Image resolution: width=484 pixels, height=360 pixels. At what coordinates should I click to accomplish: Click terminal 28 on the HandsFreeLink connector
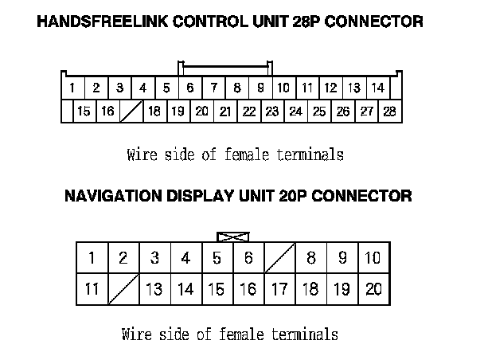coord(389,112)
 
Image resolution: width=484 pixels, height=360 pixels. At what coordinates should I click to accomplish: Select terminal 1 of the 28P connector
coord(72,88)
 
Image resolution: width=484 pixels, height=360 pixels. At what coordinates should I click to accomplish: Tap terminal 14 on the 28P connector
coord(377,88)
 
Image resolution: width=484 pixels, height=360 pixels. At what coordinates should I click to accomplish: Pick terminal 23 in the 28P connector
coord(272,112)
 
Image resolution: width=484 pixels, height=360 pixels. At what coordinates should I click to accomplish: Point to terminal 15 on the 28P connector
coord(83,112)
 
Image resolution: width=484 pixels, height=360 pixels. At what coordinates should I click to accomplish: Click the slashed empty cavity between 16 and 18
coord(131,112)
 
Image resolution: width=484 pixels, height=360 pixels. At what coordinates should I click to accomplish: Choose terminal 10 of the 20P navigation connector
coord(373,257)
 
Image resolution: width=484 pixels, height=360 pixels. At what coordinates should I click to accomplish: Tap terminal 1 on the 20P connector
coord(92,257)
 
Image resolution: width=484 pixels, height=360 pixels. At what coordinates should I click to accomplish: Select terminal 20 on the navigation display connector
coord(373,289)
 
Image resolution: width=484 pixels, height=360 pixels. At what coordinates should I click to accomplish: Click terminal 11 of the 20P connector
coord(92,289)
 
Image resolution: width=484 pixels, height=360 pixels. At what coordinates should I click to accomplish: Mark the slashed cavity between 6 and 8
coord(279,257)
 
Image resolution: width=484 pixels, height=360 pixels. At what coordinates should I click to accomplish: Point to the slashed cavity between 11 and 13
coord(123,289)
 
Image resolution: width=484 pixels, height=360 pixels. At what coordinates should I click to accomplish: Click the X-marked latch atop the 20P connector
coord(232,237)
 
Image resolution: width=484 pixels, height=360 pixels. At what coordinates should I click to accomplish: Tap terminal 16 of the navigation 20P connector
coord(248,289)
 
